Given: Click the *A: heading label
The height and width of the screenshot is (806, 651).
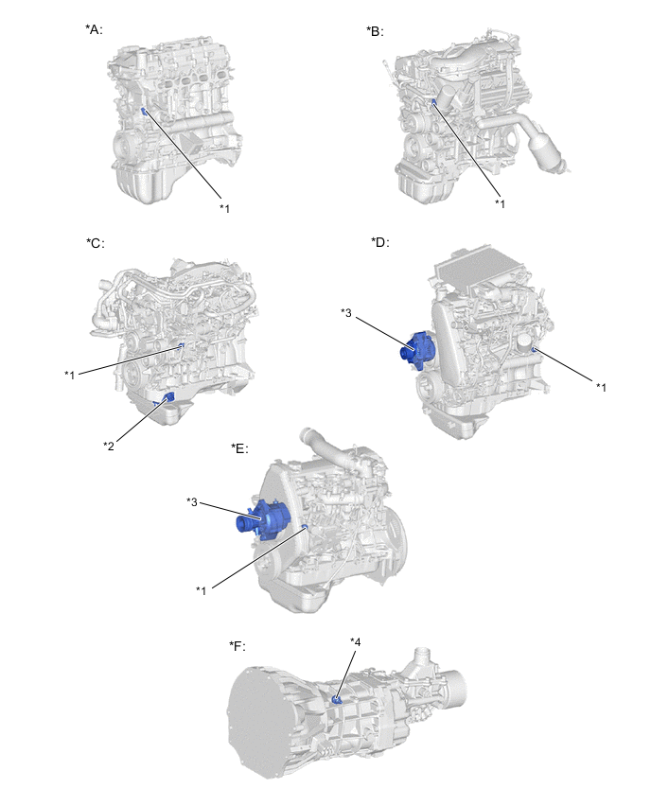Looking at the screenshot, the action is [x=94, y=29].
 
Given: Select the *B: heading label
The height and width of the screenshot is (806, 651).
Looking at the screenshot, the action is [x=375, y=31].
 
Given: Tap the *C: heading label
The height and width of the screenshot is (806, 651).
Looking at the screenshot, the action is [x=96, y=242].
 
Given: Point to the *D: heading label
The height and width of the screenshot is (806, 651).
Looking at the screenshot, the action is [x=380, y=241].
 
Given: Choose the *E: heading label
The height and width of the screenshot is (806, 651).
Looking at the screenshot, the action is [x=239, y=448].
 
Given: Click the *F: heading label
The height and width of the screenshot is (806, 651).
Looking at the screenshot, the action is [x=238, y=645].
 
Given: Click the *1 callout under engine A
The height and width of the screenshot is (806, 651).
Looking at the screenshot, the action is [x=224, y=208].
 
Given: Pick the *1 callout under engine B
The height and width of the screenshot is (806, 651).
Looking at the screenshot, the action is [x=500, y=204].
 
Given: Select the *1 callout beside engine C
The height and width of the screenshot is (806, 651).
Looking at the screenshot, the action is [x=69, y=375].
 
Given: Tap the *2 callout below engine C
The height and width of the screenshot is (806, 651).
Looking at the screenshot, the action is [x=109, y=446].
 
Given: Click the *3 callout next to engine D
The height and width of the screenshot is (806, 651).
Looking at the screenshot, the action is [x=346, y=312].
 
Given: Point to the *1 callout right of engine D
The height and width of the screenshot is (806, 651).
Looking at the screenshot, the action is [x=601, y=387].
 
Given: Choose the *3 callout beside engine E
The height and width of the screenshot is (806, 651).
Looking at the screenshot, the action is [x=192, y=501].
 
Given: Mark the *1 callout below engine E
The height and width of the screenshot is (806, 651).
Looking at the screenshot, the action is [x=201, y=590].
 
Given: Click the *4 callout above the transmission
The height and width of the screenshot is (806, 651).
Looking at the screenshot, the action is [x=356, y=642].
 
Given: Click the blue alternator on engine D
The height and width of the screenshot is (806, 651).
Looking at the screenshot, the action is [x=418, y=350].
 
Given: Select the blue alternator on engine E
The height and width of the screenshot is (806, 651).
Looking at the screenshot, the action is [x=262, y=519].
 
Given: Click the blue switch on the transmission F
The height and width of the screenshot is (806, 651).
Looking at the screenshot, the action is [x=337, y=700].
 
